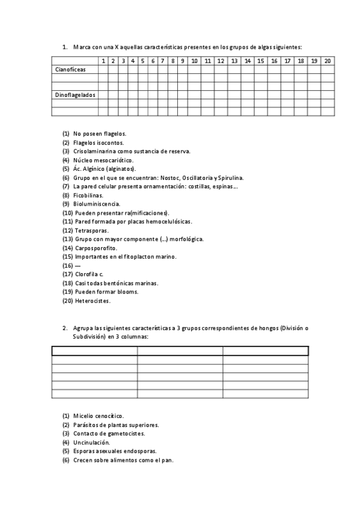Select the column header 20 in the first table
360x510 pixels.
328,61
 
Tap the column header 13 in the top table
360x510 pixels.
234,61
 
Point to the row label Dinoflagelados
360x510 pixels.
75,95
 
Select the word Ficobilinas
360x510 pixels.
88,195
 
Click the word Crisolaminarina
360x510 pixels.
99,151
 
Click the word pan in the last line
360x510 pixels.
168,460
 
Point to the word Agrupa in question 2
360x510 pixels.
82,328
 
